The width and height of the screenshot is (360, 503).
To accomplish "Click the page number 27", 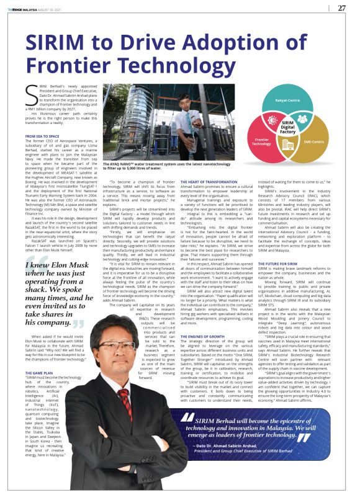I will pyautogui.click(x=341, y=8).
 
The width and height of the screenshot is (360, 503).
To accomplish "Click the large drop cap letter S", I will pyautogui.click(x=32, y=97).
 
